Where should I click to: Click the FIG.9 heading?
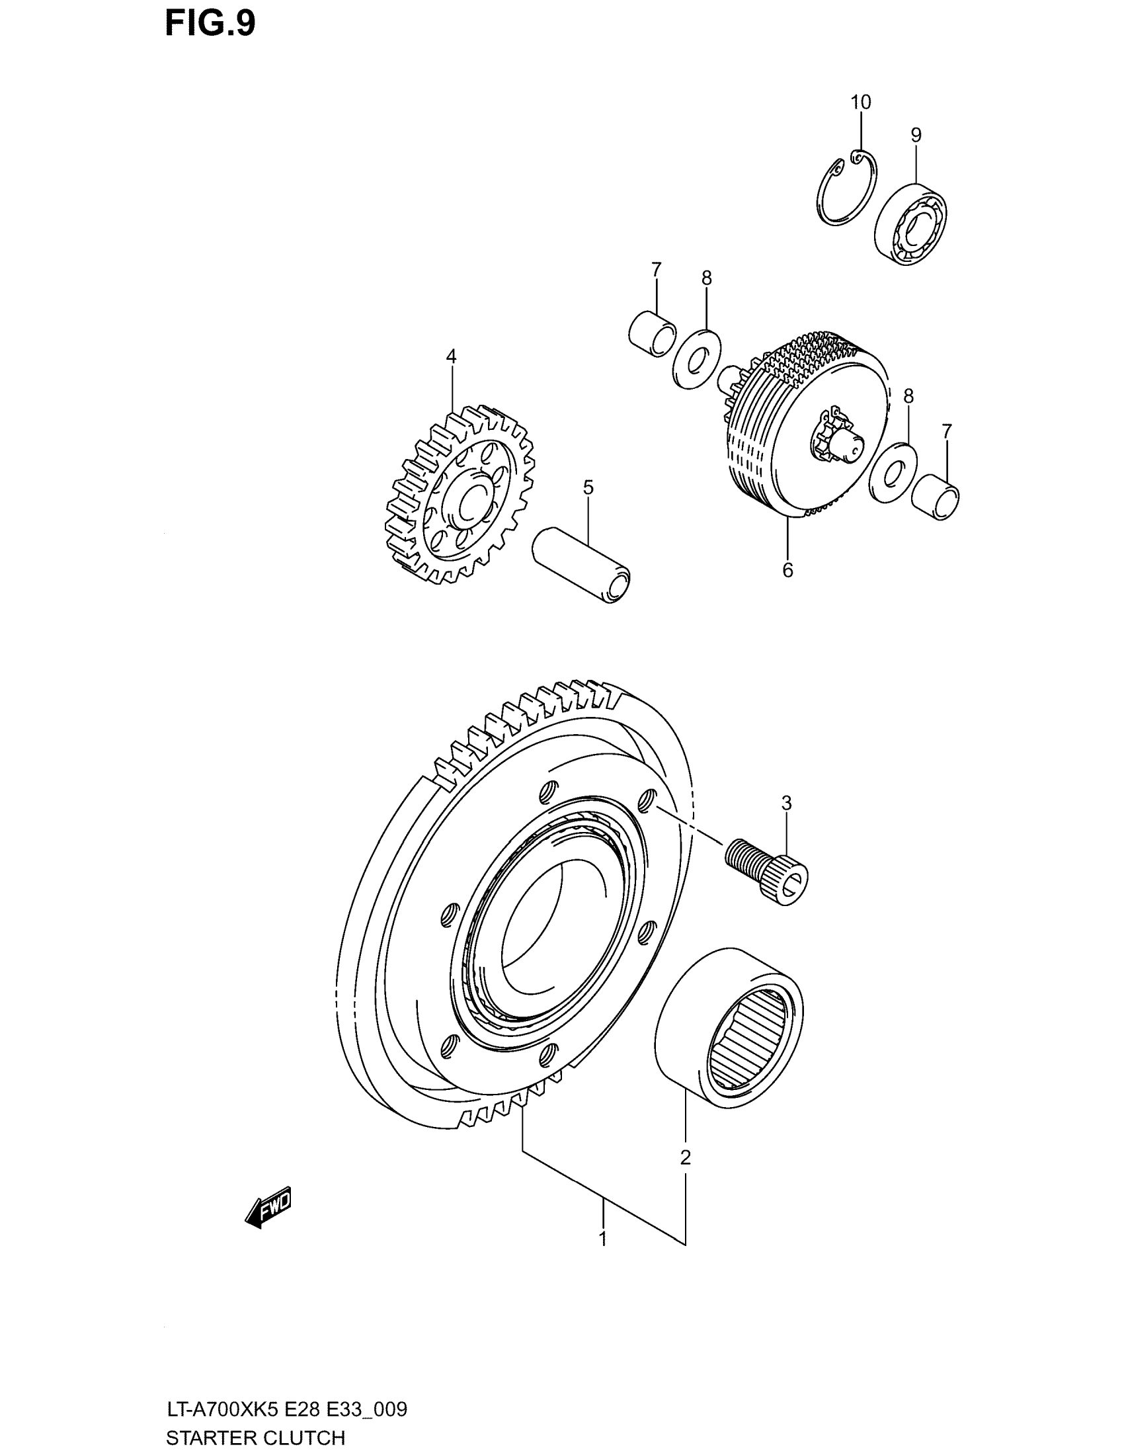coord(210,24)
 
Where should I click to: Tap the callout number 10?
coord(860,103)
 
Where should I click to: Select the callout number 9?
coord(916,135)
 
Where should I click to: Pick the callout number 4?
coord(451,356)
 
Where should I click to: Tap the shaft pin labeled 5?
coord(581,565)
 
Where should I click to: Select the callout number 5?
coord(588,487)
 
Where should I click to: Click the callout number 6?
coord(787,569)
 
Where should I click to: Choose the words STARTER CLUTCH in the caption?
coord(255,1438)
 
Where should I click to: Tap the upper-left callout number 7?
coord(656,270)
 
